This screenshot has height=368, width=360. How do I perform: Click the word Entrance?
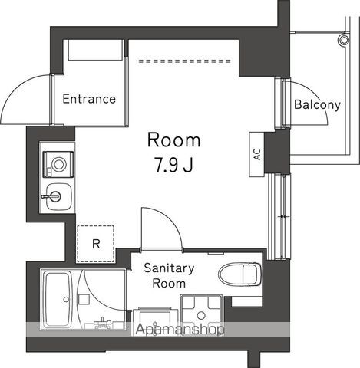pos(89,99)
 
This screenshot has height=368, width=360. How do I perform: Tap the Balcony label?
pos(317,104)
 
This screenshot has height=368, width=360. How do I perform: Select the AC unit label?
pos(256,152)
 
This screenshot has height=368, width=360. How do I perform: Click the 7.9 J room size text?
pos(173,166)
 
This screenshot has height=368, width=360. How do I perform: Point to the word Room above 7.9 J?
pos(173,140)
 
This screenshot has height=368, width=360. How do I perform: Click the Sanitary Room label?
pos(169,275)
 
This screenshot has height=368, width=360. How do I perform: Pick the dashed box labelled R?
pos(96,244)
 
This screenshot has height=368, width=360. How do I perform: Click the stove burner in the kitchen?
pos(58,162)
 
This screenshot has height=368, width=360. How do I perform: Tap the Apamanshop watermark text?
pos(180,330)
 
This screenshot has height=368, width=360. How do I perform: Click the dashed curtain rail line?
pos(183,58)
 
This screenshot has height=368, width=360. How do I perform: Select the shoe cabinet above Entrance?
pos(95,51)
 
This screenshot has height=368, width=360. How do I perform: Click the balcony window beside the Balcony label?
pos(280,103)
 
